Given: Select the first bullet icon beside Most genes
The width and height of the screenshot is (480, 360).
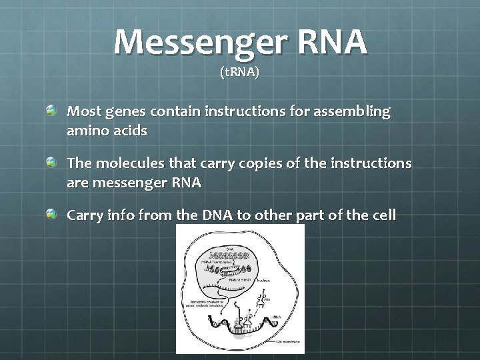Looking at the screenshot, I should click(51, 108).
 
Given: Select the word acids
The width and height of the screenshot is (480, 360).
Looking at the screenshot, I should click(131, 131).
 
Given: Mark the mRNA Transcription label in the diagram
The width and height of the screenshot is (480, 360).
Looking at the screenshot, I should click(217, 263).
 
